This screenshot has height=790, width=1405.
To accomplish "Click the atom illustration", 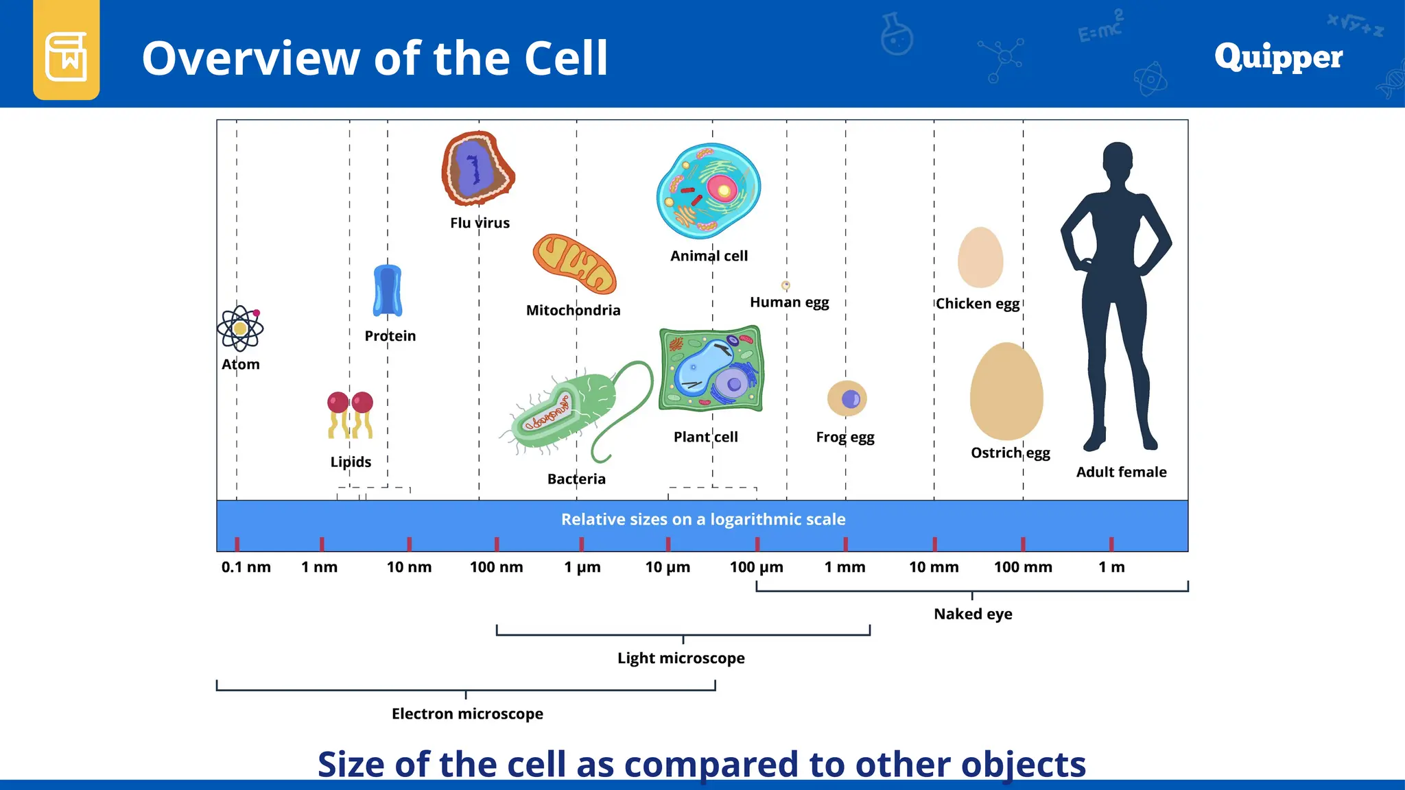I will tap(240, 328).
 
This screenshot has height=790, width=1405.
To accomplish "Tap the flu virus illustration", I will tap(477, 168).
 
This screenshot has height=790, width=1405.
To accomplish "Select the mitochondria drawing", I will tap(574, 265).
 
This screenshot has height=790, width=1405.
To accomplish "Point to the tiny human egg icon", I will tap(786, 285).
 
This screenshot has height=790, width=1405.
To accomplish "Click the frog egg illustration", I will tap(847, 398).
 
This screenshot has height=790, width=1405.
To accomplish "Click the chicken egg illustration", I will tap(980, 258).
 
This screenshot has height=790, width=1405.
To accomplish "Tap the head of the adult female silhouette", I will tap(1118, 162).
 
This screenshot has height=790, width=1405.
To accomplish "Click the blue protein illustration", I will tap(388, 291).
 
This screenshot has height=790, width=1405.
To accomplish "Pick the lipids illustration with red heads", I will tap(351, 415).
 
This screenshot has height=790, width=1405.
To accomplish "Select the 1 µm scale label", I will tap(582, 567).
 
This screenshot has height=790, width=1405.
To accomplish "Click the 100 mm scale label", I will tap(1023, 567).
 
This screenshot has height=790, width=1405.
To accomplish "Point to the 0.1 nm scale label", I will tap(246, 567).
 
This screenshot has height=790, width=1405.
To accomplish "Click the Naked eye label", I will tap(973, 614).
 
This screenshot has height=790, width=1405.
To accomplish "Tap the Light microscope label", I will tap(681, 658).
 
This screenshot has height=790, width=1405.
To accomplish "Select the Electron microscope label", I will tap(467, 714).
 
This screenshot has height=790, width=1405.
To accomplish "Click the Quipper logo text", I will tap(1278, 57).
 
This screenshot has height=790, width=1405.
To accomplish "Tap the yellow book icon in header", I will tap(67, 56).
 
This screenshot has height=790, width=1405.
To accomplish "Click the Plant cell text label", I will tap(705, 437).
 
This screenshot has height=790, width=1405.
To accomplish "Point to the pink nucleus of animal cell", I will tap(721, 189).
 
